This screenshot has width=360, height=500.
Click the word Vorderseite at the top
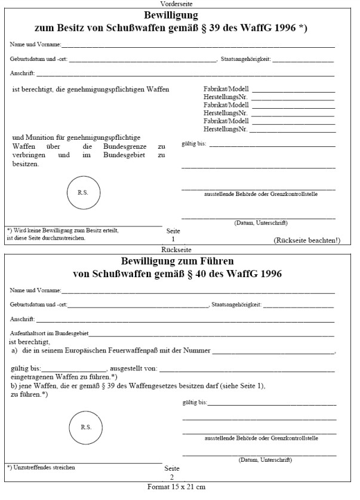coord(180,4)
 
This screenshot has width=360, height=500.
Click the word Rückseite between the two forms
coord(179,249)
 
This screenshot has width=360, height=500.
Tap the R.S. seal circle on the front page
coord(82,192)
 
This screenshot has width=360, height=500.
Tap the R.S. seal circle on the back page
coord(85,427)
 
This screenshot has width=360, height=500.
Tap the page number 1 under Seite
coord(173,239)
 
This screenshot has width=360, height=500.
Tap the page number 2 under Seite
coord(172,477)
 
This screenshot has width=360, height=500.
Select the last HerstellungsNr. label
coord(225,128)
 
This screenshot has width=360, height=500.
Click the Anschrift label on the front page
coord(23,73)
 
